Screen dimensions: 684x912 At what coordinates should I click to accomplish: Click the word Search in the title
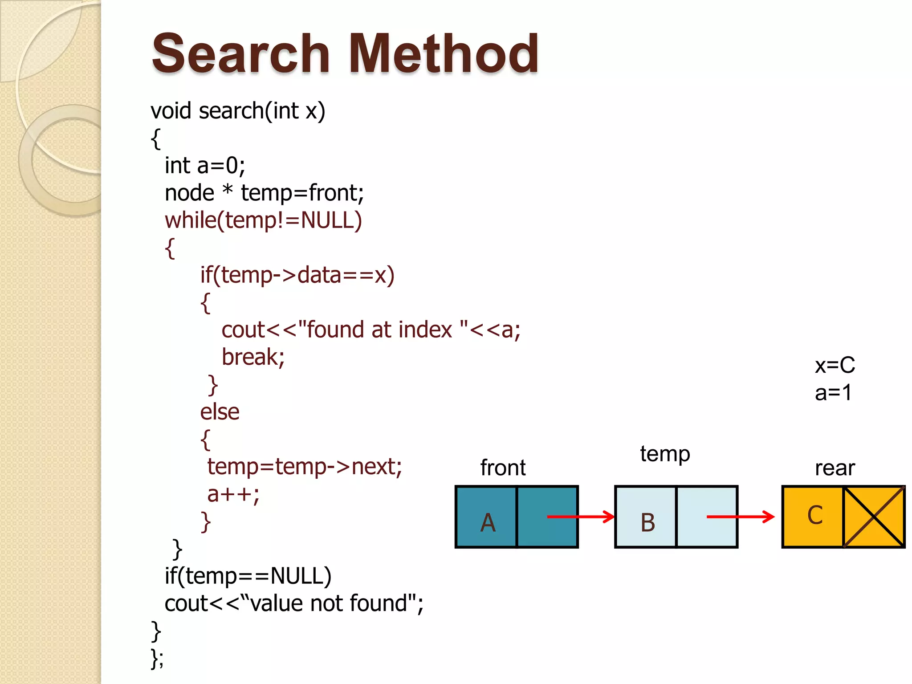point(240,54)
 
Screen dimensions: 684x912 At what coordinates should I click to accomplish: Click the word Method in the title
point(444,54)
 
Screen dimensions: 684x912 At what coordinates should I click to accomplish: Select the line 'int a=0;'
point(204,166)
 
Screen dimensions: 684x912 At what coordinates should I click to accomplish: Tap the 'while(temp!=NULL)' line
point(263,220)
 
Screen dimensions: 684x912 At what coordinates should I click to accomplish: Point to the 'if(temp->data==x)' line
point(297,275)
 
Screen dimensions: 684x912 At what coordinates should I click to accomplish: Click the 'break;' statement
point(253,357)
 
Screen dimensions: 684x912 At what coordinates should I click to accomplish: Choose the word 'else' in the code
point(220,412)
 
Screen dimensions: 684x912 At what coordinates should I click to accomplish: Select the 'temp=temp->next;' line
point(305,467)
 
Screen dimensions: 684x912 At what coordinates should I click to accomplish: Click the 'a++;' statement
point(233,494)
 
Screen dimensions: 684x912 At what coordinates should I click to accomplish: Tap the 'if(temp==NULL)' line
point(248,576)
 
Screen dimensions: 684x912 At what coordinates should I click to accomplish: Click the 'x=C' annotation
point(835,366)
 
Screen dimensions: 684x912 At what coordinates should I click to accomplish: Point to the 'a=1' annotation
point(833,393)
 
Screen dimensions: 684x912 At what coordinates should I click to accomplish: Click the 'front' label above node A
point(503,468)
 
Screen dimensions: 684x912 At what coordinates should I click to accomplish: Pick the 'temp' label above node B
point(665,454)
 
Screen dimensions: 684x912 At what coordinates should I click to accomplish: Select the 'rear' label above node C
point(835,468)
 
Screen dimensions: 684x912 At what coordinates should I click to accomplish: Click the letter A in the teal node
point(488,522)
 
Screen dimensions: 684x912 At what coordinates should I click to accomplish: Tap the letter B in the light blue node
point(648,522)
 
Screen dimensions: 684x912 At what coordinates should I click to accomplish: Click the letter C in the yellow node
point(815,515)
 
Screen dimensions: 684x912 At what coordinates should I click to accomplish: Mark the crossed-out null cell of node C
point(874,517)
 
